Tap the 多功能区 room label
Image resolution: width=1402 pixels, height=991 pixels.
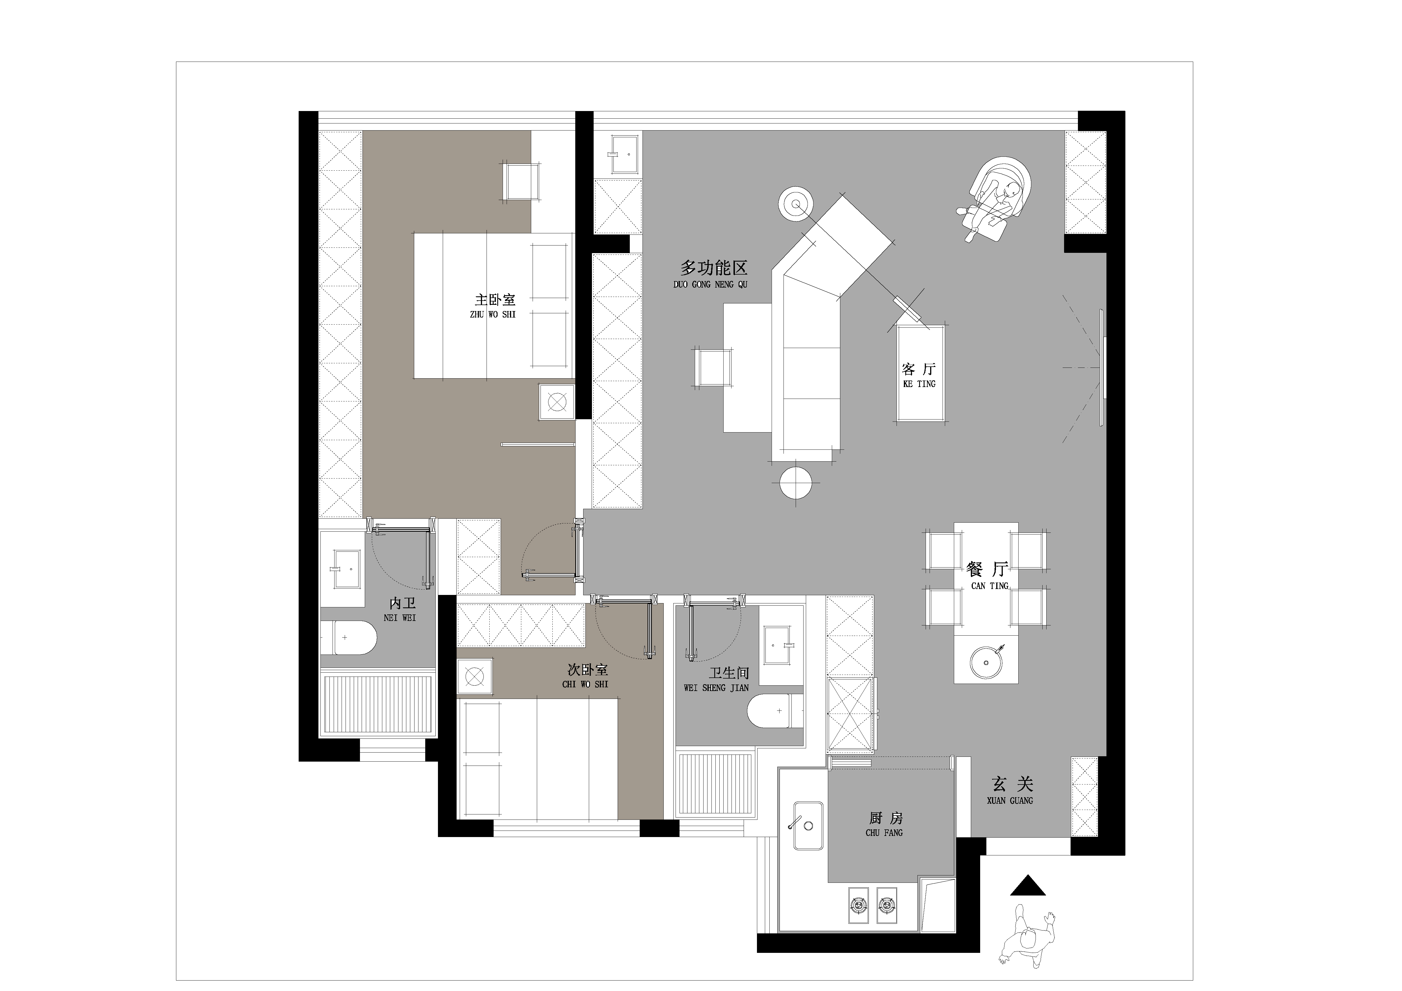[x=714, y=268]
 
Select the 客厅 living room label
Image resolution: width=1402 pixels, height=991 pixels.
[x=919, y=369]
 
